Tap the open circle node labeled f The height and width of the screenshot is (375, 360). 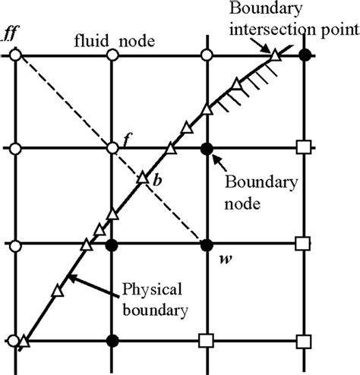(112, 148)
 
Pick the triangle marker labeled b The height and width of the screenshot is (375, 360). (143, 180)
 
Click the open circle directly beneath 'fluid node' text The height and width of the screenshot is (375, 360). (112, 55)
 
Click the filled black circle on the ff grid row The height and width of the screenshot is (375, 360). (305, 55)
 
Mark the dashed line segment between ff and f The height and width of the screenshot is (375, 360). (65, 102)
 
